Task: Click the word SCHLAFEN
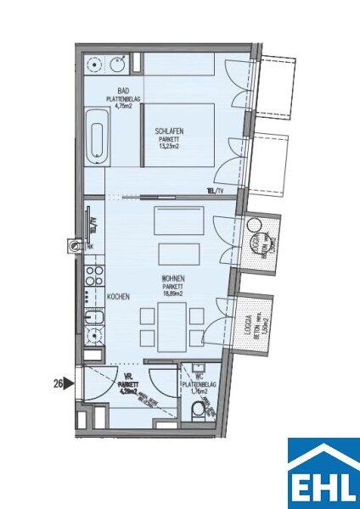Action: tap(170, 131)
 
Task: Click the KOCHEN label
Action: tap(118, 297)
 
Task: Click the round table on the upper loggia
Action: tap(253, 227)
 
